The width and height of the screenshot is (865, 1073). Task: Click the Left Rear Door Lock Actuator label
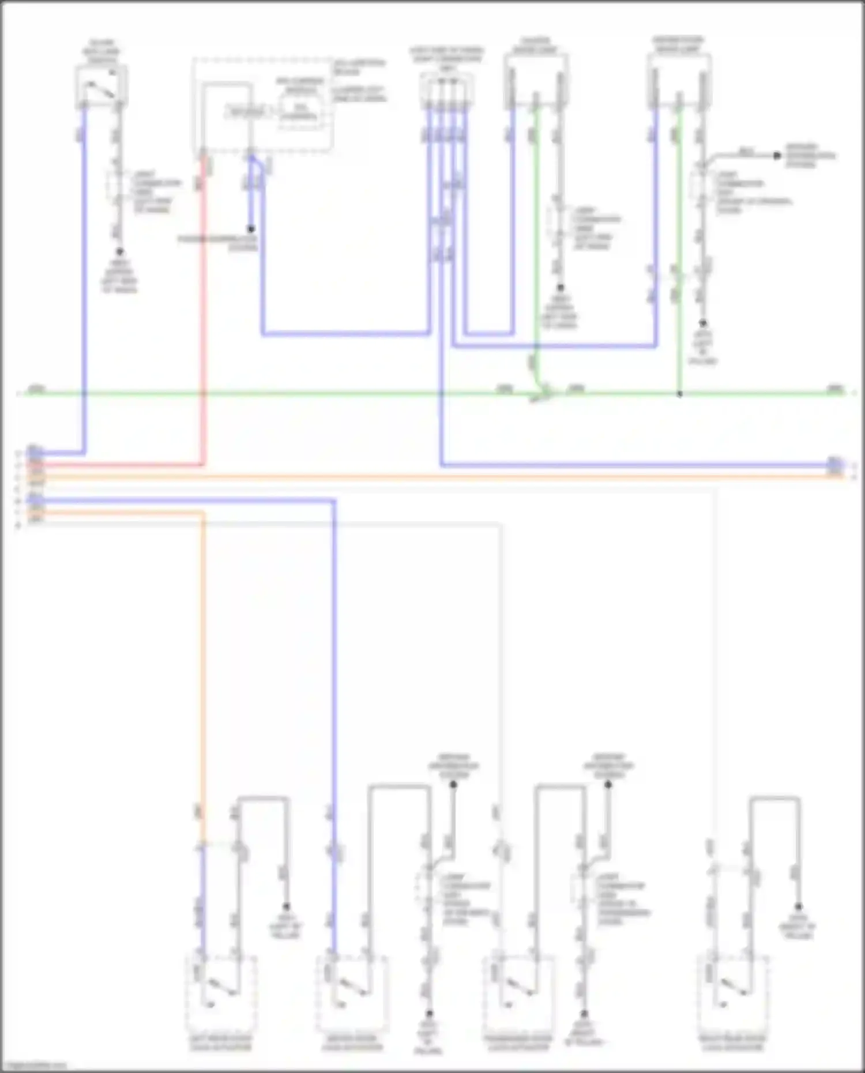(221, 1042)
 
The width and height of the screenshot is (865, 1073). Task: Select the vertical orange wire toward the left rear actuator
(202, 663)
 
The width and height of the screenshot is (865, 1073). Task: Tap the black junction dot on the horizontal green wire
(679, 394)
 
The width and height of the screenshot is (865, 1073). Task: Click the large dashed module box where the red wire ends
(262, 105)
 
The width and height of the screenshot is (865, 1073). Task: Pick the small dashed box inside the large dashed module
(300, 111)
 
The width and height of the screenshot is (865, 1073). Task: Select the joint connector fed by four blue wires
(447, 89)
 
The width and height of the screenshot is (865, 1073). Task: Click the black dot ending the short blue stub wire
(251, 229)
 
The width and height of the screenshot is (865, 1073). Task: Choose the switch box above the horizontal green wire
(101, 86)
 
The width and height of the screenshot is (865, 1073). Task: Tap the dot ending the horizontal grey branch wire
(777, 156)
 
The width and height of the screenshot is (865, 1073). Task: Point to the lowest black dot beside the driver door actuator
(429, 1013)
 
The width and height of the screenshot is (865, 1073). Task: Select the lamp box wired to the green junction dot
(679, 81)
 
